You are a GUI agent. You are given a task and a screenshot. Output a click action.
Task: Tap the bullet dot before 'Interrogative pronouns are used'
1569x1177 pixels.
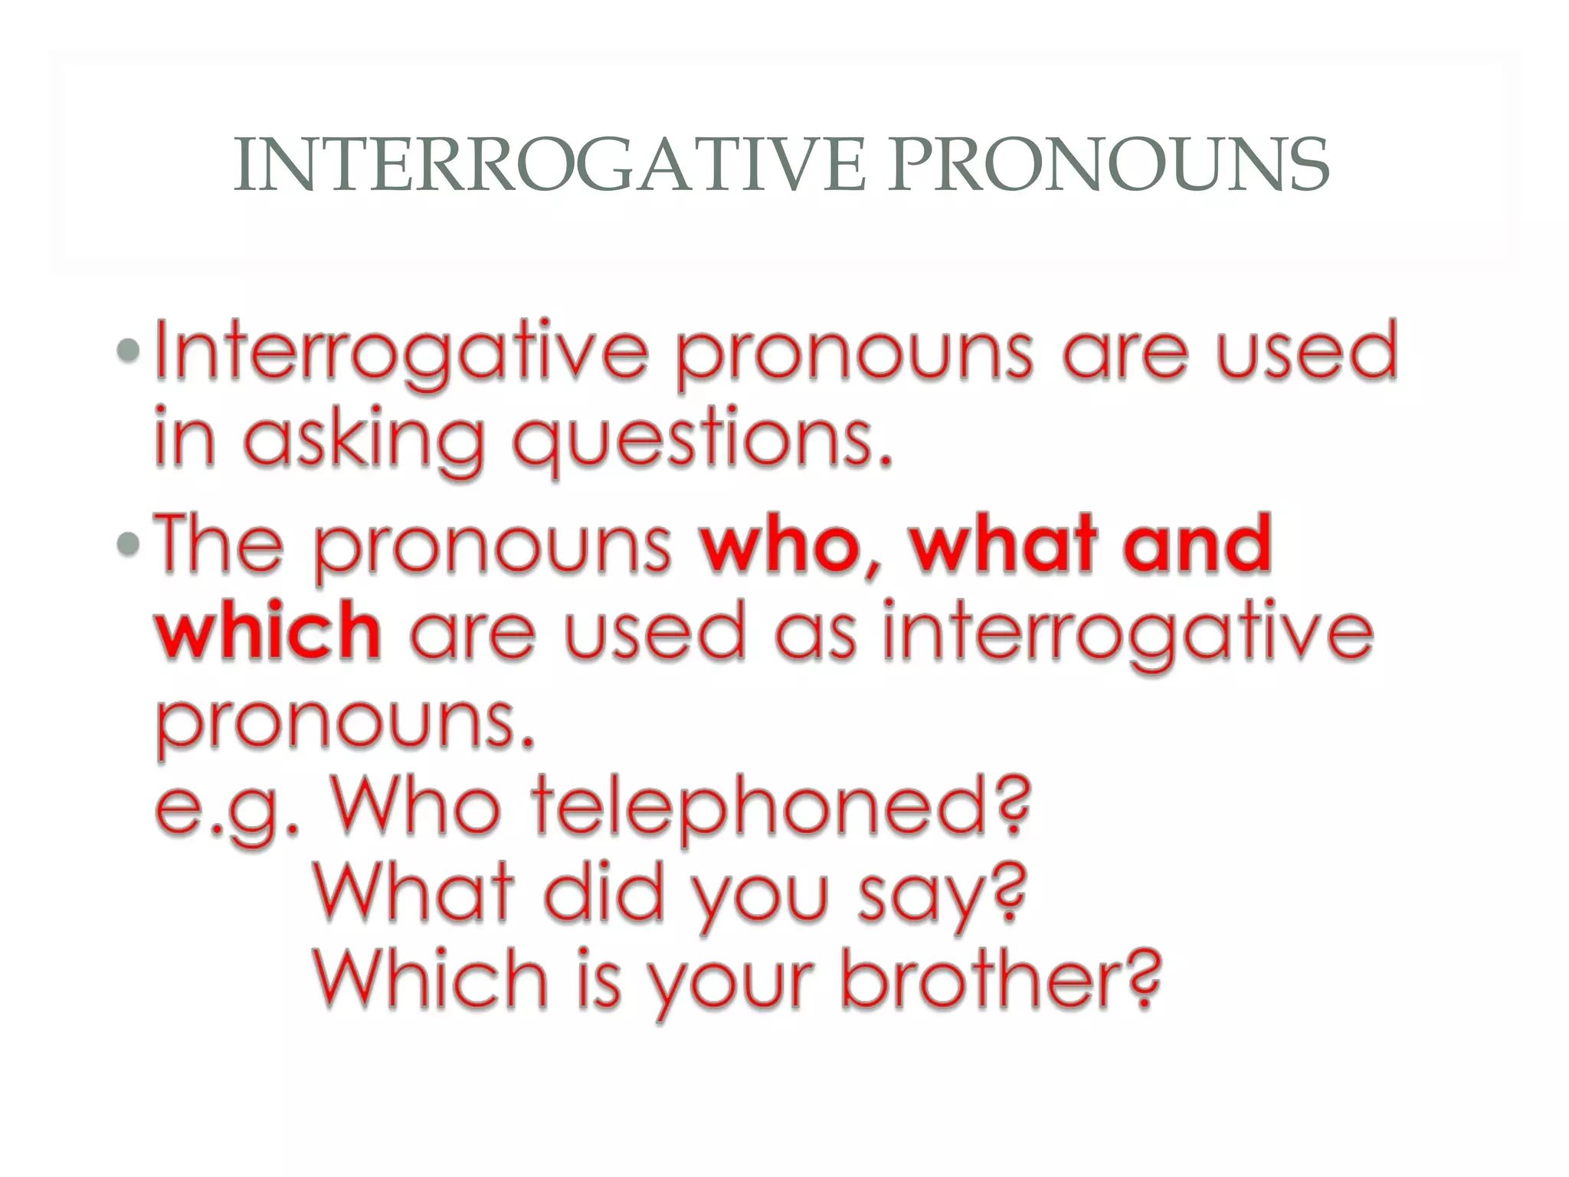coord(129,351)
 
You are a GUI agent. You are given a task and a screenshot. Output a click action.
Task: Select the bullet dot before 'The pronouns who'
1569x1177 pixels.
coord(129,544)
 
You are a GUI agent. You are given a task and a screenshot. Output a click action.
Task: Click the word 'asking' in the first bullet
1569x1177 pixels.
coord(365,441)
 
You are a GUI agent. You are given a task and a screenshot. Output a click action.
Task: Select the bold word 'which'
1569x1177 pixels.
coord(268,632)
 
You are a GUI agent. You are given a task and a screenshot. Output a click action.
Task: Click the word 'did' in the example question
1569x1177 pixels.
coord(604,893)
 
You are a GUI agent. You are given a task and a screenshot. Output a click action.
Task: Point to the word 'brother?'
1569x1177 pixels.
coord(1001,981)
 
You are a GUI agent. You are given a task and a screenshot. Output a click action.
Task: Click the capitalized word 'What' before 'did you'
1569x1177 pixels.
coord(414,893)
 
